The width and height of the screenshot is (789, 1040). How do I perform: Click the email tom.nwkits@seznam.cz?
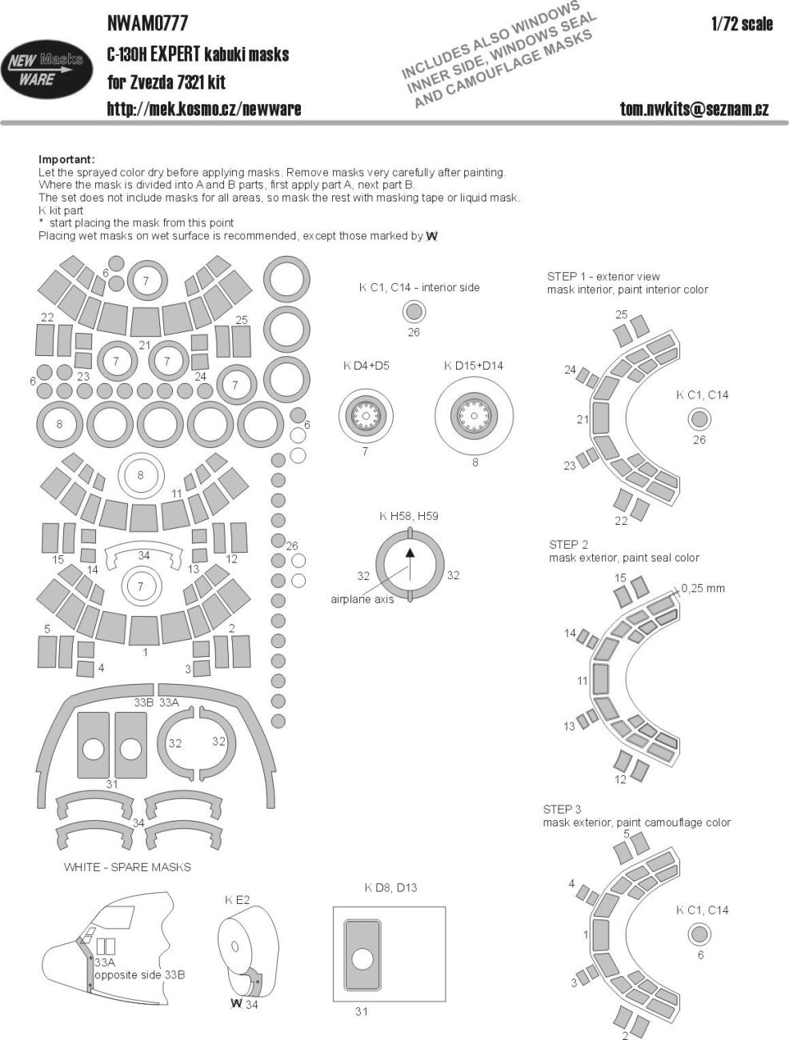tap(694, 109)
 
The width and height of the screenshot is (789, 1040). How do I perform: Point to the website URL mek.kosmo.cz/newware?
tap(204, 109)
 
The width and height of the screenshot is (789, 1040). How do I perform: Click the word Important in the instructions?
tap(66, 159)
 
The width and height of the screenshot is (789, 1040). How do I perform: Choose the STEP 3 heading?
tap(564, 809)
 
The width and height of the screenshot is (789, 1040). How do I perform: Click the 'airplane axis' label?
tap(362, 599)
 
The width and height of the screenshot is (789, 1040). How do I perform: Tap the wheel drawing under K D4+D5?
tap(365, 414)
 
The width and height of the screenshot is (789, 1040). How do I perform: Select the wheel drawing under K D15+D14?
tap(475, 414)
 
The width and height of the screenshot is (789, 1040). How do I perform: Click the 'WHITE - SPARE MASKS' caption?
tap(127, 866)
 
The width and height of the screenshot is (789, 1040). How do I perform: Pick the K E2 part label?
tap(237, 900)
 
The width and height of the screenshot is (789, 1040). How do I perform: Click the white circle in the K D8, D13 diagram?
tap(362, 961)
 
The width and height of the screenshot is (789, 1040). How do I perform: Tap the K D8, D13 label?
tap(390, 887)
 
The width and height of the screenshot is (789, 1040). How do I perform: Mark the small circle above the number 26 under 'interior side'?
tap(413, 313)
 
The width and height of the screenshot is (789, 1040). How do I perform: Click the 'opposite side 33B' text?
tap(139, 975)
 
